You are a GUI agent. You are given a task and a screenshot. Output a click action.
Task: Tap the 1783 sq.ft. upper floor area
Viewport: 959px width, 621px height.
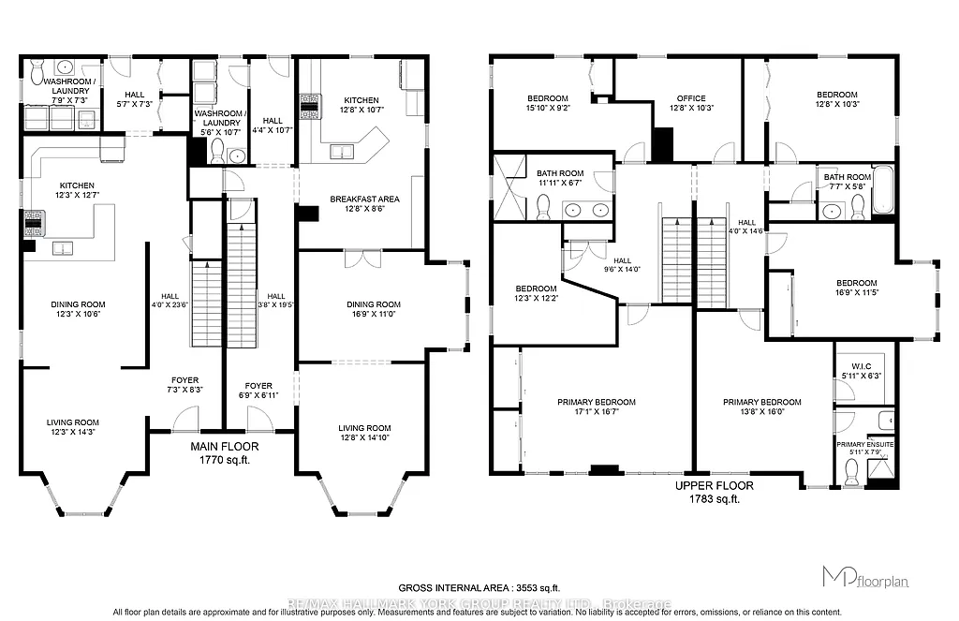click(x=707, y=499)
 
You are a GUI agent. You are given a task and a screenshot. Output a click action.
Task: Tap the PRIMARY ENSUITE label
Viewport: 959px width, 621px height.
click(x=865, y=446)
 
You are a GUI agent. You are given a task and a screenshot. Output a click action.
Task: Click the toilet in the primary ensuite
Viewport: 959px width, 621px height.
click(x=852, y=477)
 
